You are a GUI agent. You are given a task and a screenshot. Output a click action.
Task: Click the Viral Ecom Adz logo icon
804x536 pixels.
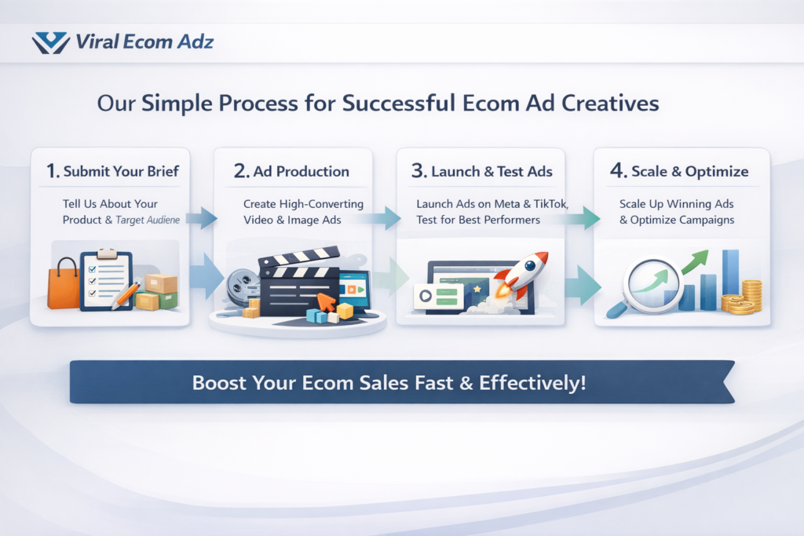coord(51,42)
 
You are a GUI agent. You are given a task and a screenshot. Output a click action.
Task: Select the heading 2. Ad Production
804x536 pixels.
coord(292,171)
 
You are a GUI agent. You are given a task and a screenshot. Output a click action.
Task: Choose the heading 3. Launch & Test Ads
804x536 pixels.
coord(480,171)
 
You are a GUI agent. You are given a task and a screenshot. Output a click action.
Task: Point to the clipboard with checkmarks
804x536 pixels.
coord(105,279)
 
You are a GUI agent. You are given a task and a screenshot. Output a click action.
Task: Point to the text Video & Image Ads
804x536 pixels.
coord(292,220)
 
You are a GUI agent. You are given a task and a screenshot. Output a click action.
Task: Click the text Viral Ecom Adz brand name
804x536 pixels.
coord(144,42)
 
